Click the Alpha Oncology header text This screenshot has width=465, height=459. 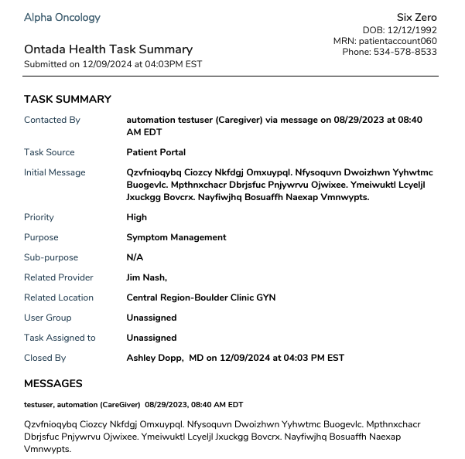tap(62, 18)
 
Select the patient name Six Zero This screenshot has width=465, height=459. tap(416, 18)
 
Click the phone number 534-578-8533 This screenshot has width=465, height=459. tap(390, 52)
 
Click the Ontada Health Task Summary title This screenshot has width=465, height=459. tap(108, 49)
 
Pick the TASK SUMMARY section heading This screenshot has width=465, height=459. tap(67, 100)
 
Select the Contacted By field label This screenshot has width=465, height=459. tap(52, 120)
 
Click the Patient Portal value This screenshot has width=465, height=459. tap(156, 152)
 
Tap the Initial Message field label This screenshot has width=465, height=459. tap(54, 172)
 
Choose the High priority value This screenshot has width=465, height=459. tap(136, 217)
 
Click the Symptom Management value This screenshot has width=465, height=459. tap(176, 237)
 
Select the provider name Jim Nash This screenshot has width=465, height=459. tap(146, 277)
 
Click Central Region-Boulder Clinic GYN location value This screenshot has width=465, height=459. tap(200, 297)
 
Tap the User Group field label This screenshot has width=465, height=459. tap(47, 318)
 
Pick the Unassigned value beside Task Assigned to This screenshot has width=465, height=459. tap(151, 338)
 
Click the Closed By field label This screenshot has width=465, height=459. tap(45, 358)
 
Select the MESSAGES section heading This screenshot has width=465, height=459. tap(53, 383)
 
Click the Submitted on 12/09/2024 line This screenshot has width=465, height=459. tap(113, 64)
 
